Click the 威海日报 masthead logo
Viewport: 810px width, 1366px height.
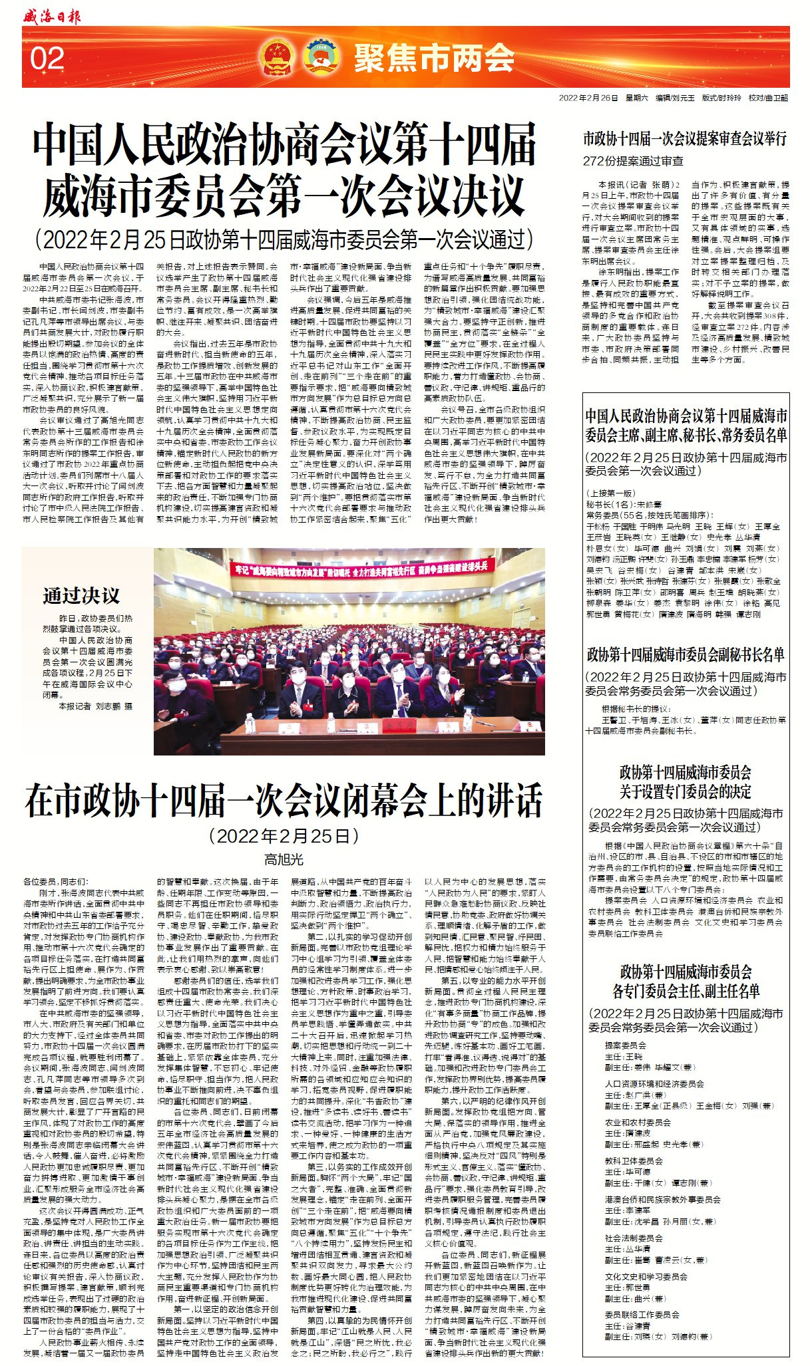51,15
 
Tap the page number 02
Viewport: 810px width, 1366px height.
47,59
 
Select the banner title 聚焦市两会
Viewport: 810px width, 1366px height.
434,58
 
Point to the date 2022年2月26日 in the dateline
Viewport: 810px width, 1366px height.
588,98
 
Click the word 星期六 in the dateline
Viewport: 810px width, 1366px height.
636,98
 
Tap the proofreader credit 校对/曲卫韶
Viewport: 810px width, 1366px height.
767,98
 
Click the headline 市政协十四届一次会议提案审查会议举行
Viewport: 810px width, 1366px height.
685,138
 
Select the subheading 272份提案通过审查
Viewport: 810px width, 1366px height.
633,161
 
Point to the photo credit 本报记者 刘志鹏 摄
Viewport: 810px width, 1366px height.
96,706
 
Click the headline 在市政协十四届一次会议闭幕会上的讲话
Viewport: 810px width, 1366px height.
284,801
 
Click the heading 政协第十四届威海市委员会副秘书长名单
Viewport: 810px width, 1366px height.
686,654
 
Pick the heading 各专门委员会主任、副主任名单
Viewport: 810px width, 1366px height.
686,991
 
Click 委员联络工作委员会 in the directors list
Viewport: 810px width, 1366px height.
642,1314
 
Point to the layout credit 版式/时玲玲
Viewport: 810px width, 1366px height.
721,98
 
